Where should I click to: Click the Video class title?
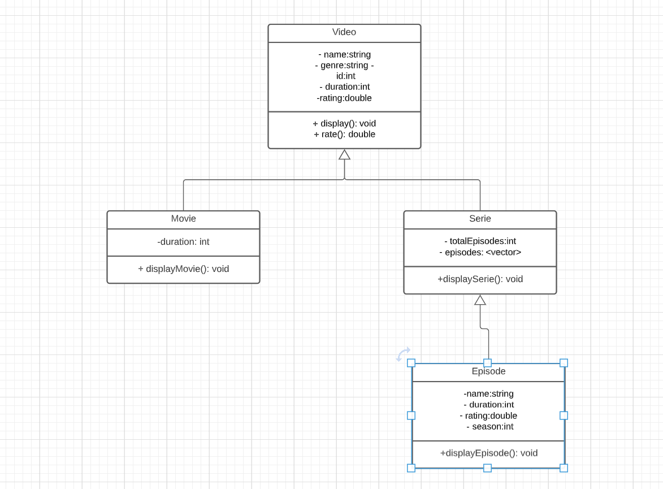click(344, 32)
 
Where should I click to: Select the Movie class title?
click(183, 219)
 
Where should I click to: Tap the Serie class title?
click(480, 219)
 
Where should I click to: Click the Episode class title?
click(488, 371)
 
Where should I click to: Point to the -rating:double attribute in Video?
click(344, 98)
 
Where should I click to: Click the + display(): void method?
click(344, 123)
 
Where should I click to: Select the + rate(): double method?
click(344, 134)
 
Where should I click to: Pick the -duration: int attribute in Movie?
click(183, 242)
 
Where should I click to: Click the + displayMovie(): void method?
click(183, 269)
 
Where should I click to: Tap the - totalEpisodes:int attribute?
click(480, 241)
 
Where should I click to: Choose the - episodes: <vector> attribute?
click(480, 252)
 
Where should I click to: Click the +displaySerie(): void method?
click(480, 279)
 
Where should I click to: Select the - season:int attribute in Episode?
click(489, 426)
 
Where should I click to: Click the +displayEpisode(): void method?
click(488, 453)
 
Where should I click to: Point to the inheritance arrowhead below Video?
click(344, 154)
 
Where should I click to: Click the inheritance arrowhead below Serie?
click(480, 300)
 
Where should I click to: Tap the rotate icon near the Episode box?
click(402, 354)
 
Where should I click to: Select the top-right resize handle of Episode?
click(564, 363)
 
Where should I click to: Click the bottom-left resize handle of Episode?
click(411, 468)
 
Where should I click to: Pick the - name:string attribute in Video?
click(344, 55)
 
